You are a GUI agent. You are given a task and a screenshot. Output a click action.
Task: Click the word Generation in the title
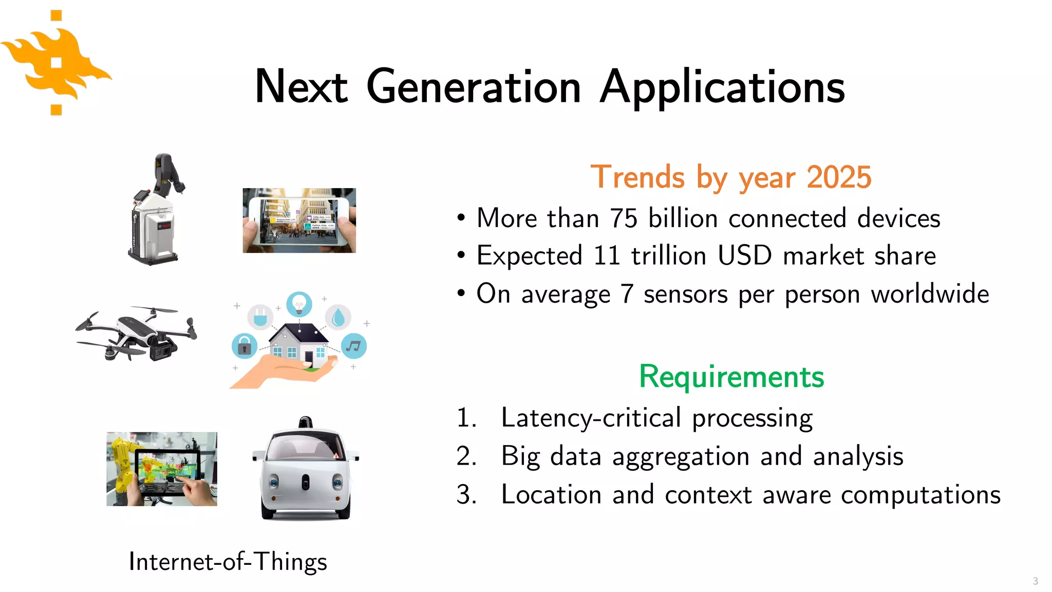coord(474,87)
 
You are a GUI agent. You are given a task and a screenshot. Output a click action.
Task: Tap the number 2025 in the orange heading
coord(838,177)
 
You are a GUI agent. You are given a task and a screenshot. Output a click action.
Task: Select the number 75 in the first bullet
coord(624,218)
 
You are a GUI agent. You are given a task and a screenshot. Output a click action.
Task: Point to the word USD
coord(744,255)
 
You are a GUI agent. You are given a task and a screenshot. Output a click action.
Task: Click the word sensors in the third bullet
coord(685,294)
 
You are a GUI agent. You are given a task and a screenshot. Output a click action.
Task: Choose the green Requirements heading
coord(731,377)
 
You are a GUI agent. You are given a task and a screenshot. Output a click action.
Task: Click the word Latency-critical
coord(591,417)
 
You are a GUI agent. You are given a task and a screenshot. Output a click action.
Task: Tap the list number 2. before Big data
coord(466,456)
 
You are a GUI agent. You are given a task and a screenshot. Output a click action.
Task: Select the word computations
coord(920,494)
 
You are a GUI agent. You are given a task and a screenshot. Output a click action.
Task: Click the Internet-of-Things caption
coord(228,561)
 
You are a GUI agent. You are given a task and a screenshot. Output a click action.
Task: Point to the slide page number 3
coord(1035,581)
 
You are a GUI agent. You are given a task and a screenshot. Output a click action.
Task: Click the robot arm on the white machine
coord(167,175)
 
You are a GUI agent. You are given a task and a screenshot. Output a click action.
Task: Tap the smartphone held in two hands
coord(299,221)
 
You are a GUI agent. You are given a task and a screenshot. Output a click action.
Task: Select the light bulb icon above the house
coord(299,304)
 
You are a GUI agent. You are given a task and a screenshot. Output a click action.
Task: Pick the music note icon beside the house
coord(353,346)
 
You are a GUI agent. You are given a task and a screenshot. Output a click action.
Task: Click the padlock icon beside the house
coord(244,346)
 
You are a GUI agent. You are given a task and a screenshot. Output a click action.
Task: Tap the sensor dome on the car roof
coord(306,422)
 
